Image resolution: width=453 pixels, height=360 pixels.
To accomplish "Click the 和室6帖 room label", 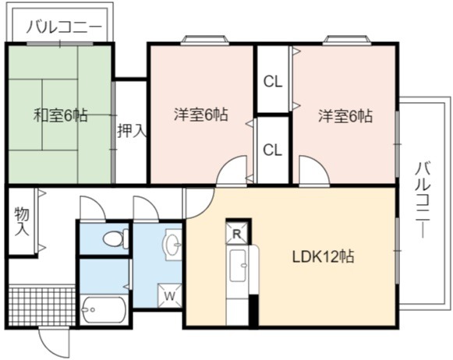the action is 61,115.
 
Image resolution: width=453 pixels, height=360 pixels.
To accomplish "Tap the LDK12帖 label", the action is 324,256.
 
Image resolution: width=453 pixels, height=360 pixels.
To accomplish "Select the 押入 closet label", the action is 132,130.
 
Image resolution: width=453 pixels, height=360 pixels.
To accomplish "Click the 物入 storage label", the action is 23,221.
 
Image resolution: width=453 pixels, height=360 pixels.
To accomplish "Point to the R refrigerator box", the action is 237,234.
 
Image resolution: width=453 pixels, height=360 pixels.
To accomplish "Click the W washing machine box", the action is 170,295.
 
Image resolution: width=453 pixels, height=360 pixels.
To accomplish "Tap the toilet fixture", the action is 115,238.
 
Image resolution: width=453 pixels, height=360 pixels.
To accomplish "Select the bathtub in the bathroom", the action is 104,310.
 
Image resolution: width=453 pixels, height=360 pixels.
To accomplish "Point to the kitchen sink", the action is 239,265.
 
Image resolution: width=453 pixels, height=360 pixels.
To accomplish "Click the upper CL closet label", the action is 272,83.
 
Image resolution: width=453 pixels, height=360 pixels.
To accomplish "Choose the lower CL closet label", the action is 272,150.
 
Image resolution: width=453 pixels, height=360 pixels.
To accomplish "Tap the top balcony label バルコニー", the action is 64,27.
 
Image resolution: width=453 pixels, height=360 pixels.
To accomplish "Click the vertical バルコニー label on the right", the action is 423,200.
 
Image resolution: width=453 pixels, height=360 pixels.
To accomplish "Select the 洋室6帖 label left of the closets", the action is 201,115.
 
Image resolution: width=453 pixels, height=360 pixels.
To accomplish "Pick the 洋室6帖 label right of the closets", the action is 345,115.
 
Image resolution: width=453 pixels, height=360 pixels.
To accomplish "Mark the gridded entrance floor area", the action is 42,305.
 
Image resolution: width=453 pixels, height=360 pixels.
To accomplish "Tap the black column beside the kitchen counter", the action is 253,311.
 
